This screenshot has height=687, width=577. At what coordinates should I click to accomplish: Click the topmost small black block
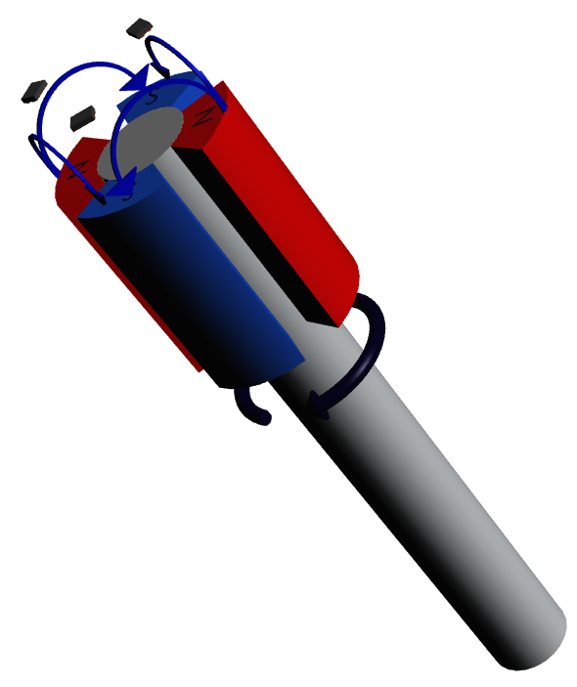(x=143, y=27)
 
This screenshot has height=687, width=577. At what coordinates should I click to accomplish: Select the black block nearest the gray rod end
(x=81, y=117)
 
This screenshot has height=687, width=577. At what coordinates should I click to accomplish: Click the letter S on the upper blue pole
(x=152, y=99)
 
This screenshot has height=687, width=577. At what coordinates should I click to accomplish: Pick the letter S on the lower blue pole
(x=125, y=193)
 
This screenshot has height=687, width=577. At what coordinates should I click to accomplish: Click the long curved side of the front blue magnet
(x=215, y=293)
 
